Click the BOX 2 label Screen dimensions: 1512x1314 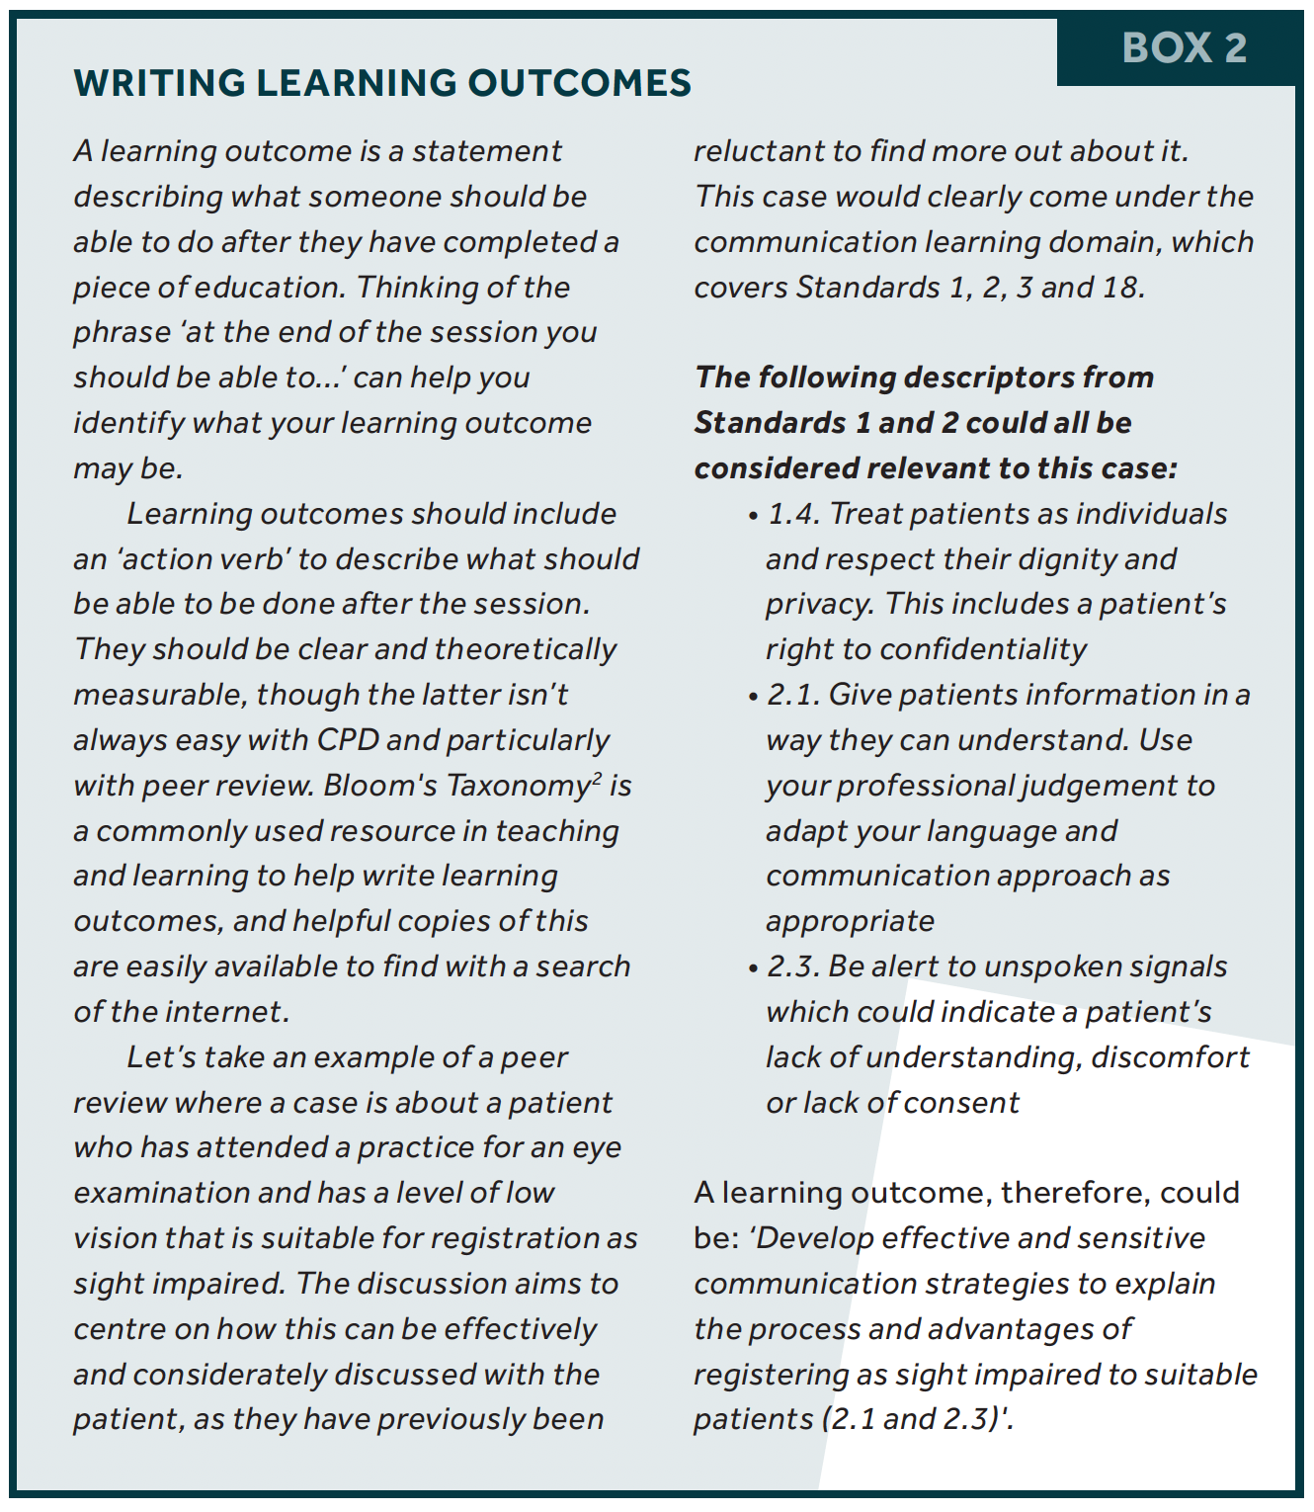[1184, 48]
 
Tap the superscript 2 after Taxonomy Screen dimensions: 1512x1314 [596, 777]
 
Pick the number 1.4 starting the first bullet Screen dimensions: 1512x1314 [793, 514]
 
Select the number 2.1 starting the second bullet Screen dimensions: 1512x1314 [792, 695]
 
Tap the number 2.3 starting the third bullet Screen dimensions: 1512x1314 [792, 966]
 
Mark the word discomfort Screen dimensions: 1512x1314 [1170, 1057]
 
